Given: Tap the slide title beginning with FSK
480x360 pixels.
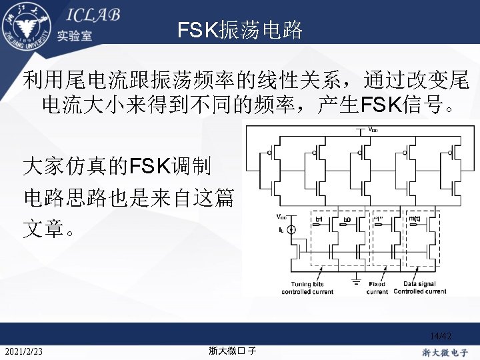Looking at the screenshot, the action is point(240,30).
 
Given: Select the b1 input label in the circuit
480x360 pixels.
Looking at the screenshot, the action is point(319,219).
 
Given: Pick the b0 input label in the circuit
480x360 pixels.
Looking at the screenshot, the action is point(347,219).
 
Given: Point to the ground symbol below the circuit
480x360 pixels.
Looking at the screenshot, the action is point(357,275).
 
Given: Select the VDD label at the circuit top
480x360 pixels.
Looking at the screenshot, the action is point(367,131).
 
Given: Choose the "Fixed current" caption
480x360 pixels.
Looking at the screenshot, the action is point(377,288).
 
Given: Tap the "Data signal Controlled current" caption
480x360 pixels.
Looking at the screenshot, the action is point(420,288).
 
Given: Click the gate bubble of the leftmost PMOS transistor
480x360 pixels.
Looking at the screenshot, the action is point(269,153).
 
